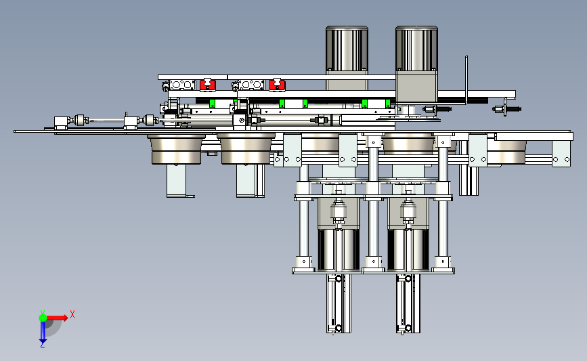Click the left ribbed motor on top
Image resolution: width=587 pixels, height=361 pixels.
[347, 49]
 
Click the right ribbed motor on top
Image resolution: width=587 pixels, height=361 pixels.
[416, 49]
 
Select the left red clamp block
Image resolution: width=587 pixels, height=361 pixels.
[207, 85]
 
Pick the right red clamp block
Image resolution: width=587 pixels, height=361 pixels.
[277, 85]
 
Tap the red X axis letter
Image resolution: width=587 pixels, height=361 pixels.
[72, 314]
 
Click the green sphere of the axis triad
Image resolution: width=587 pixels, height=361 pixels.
[43, 318]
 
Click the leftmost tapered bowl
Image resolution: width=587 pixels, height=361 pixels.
[176, 149]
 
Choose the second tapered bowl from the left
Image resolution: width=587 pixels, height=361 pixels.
[246, 149]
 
